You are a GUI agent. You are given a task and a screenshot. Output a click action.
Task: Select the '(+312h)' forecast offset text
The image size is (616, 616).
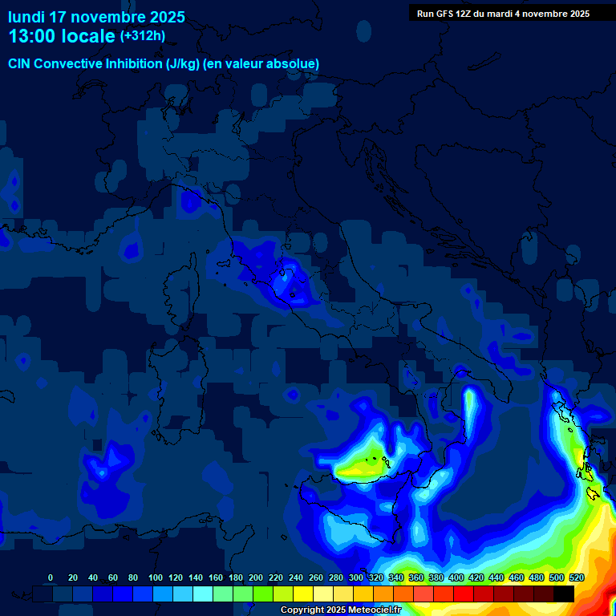pyautogui.click(x=142, y=35)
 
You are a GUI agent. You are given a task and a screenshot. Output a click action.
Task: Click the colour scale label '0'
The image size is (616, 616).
pyautogui.click(x=51, y=577)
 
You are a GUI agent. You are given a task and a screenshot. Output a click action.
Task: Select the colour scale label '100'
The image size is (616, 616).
pyautogui.click(x=156, y=577)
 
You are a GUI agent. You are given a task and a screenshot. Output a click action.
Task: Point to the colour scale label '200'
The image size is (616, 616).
pyautogui.click(x=256, y=577)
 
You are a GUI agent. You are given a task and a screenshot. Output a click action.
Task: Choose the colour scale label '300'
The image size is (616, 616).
pyautogui.click(x=356, y=577)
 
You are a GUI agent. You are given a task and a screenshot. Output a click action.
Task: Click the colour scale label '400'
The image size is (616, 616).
pyautogui.click(x=456, y=577)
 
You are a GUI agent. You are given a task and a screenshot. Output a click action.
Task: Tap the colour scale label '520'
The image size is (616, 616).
pyautogui.click(x=576, y=577)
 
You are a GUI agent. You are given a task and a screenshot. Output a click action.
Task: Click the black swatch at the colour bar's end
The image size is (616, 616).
pyautogui.click(x=564, y=594)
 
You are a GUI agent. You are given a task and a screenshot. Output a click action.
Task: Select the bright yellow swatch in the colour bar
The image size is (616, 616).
pyautogui.click(x=303, y=594)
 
